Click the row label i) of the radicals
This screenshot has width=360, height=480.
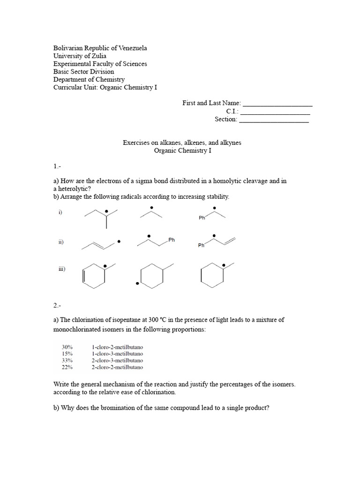click(x=60, y=212)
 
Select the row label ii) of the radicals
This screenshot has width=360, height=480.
click(x=61, y=242)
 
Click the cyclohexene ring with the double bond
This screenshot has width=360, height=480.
click(x=93, y=277)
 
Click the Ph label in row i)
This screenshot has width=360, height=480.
click(x=202, y=218)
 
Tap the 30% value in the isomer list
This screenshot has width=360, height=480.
click(x=67, y=347)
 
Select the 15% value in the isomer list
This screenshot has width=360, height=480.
click(x=67, y=353)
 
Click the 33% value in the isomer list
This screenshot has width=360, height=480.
click(x=67, y=360)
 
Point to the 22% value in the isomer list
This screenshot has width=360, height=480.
click(x=67, y=367)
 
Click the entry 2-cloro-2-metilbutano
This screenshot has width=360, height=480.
click(x=118, y=367)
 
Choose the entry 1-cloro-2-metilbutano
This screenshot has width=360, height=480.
click(x=118, y=347)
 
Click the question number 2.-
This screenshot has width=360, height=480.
click(x=57, y=306)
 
